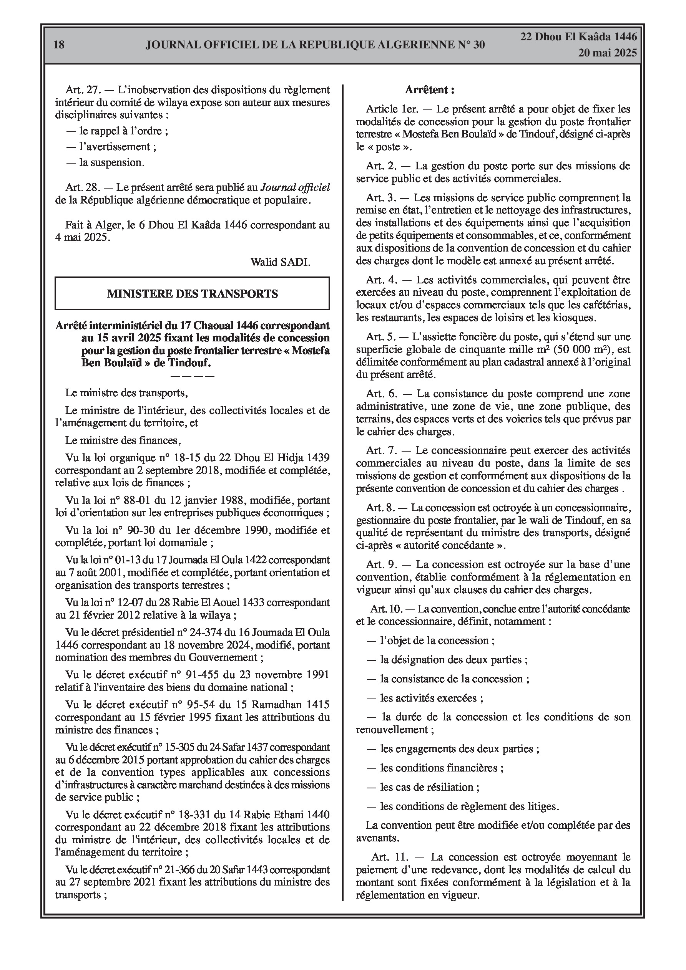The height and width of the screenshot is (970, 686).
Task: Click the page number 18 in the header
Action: click(x=59, y=45)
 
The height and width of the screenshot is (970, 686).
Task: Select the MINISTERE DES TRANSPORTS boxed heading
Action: click(x=193, y=294)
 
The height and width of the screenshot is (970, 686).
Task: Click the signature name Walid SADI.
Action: click(x=281, y=262)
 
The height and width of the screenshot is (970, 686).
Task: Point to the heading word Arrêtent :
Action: click(x=430, y=89)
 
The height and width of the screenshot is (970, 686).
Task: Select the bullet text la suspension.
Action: click(x=112, y=162)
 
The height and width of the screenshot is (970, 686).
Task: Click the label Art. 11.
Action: click(x=389, y=857)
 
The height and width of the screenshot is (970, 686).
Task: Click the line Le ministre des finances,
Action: click(x=123, y=440)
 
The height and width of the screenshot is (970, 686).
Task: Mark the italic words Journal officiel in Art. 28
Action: click(x=295, y=187)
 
